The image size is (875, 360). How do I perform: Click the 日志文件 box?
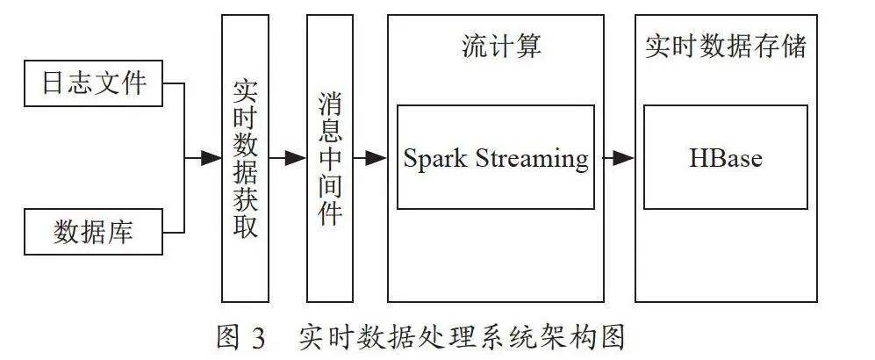(x=93, y=83)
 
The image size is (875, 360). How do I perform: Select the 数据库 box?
(x=93, y=232)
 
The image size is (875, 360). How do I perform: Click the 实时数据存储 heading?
(x=726, y=47)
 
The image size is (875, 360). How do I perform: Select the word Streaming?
(x=532, y=160)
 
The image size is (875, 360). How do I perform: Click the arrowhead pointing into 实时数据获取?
(x=212, y=158)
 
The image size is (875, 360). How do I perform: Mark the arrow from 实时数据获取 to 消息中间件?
(x=287, y=158)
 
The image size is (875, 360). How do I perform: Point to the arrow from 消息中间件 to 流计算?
(x=370, y=158)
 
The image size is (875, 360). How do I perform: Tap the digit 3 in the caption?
(x=258, y=338)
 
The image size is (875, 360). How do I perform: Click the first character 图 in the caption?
(x=229, y=338)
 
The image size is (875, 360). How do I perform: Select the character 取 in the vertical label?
(x=245, y=226)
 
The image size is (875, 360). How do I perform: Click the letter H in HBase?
(x=699, y=158)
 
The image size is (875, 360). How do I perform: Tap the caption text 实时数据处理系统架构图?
(x=462, y=338)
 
